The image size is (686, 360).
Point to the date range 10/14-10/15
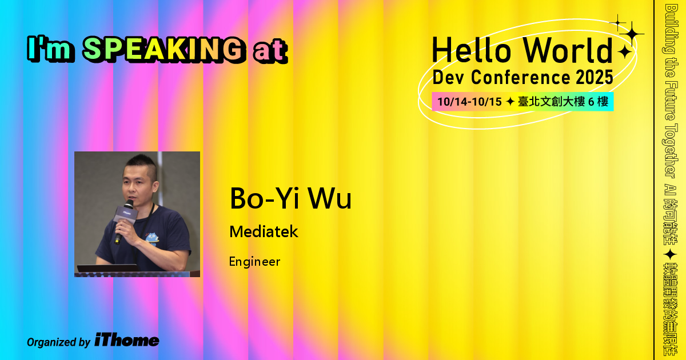[469, 102]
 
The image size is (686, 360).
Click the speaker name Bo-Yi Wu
[290, 198]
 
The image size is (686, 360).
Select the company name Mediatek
[264, 232]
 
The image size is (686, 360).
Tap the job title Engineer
[254, 262]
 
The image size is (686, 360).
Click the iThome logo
[127, 341]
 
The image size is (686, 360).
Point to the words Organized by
[58, 342]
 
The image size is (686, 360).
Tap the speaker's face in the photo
[137, 183]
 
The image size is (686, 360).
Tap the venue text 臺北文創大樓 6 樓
[563, 102]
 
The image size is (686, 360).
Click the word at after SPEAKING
[268, 51]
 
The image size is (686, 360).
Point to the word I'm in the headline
[51, 50]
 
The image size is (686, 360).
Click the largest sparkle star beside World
[632, 34]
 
